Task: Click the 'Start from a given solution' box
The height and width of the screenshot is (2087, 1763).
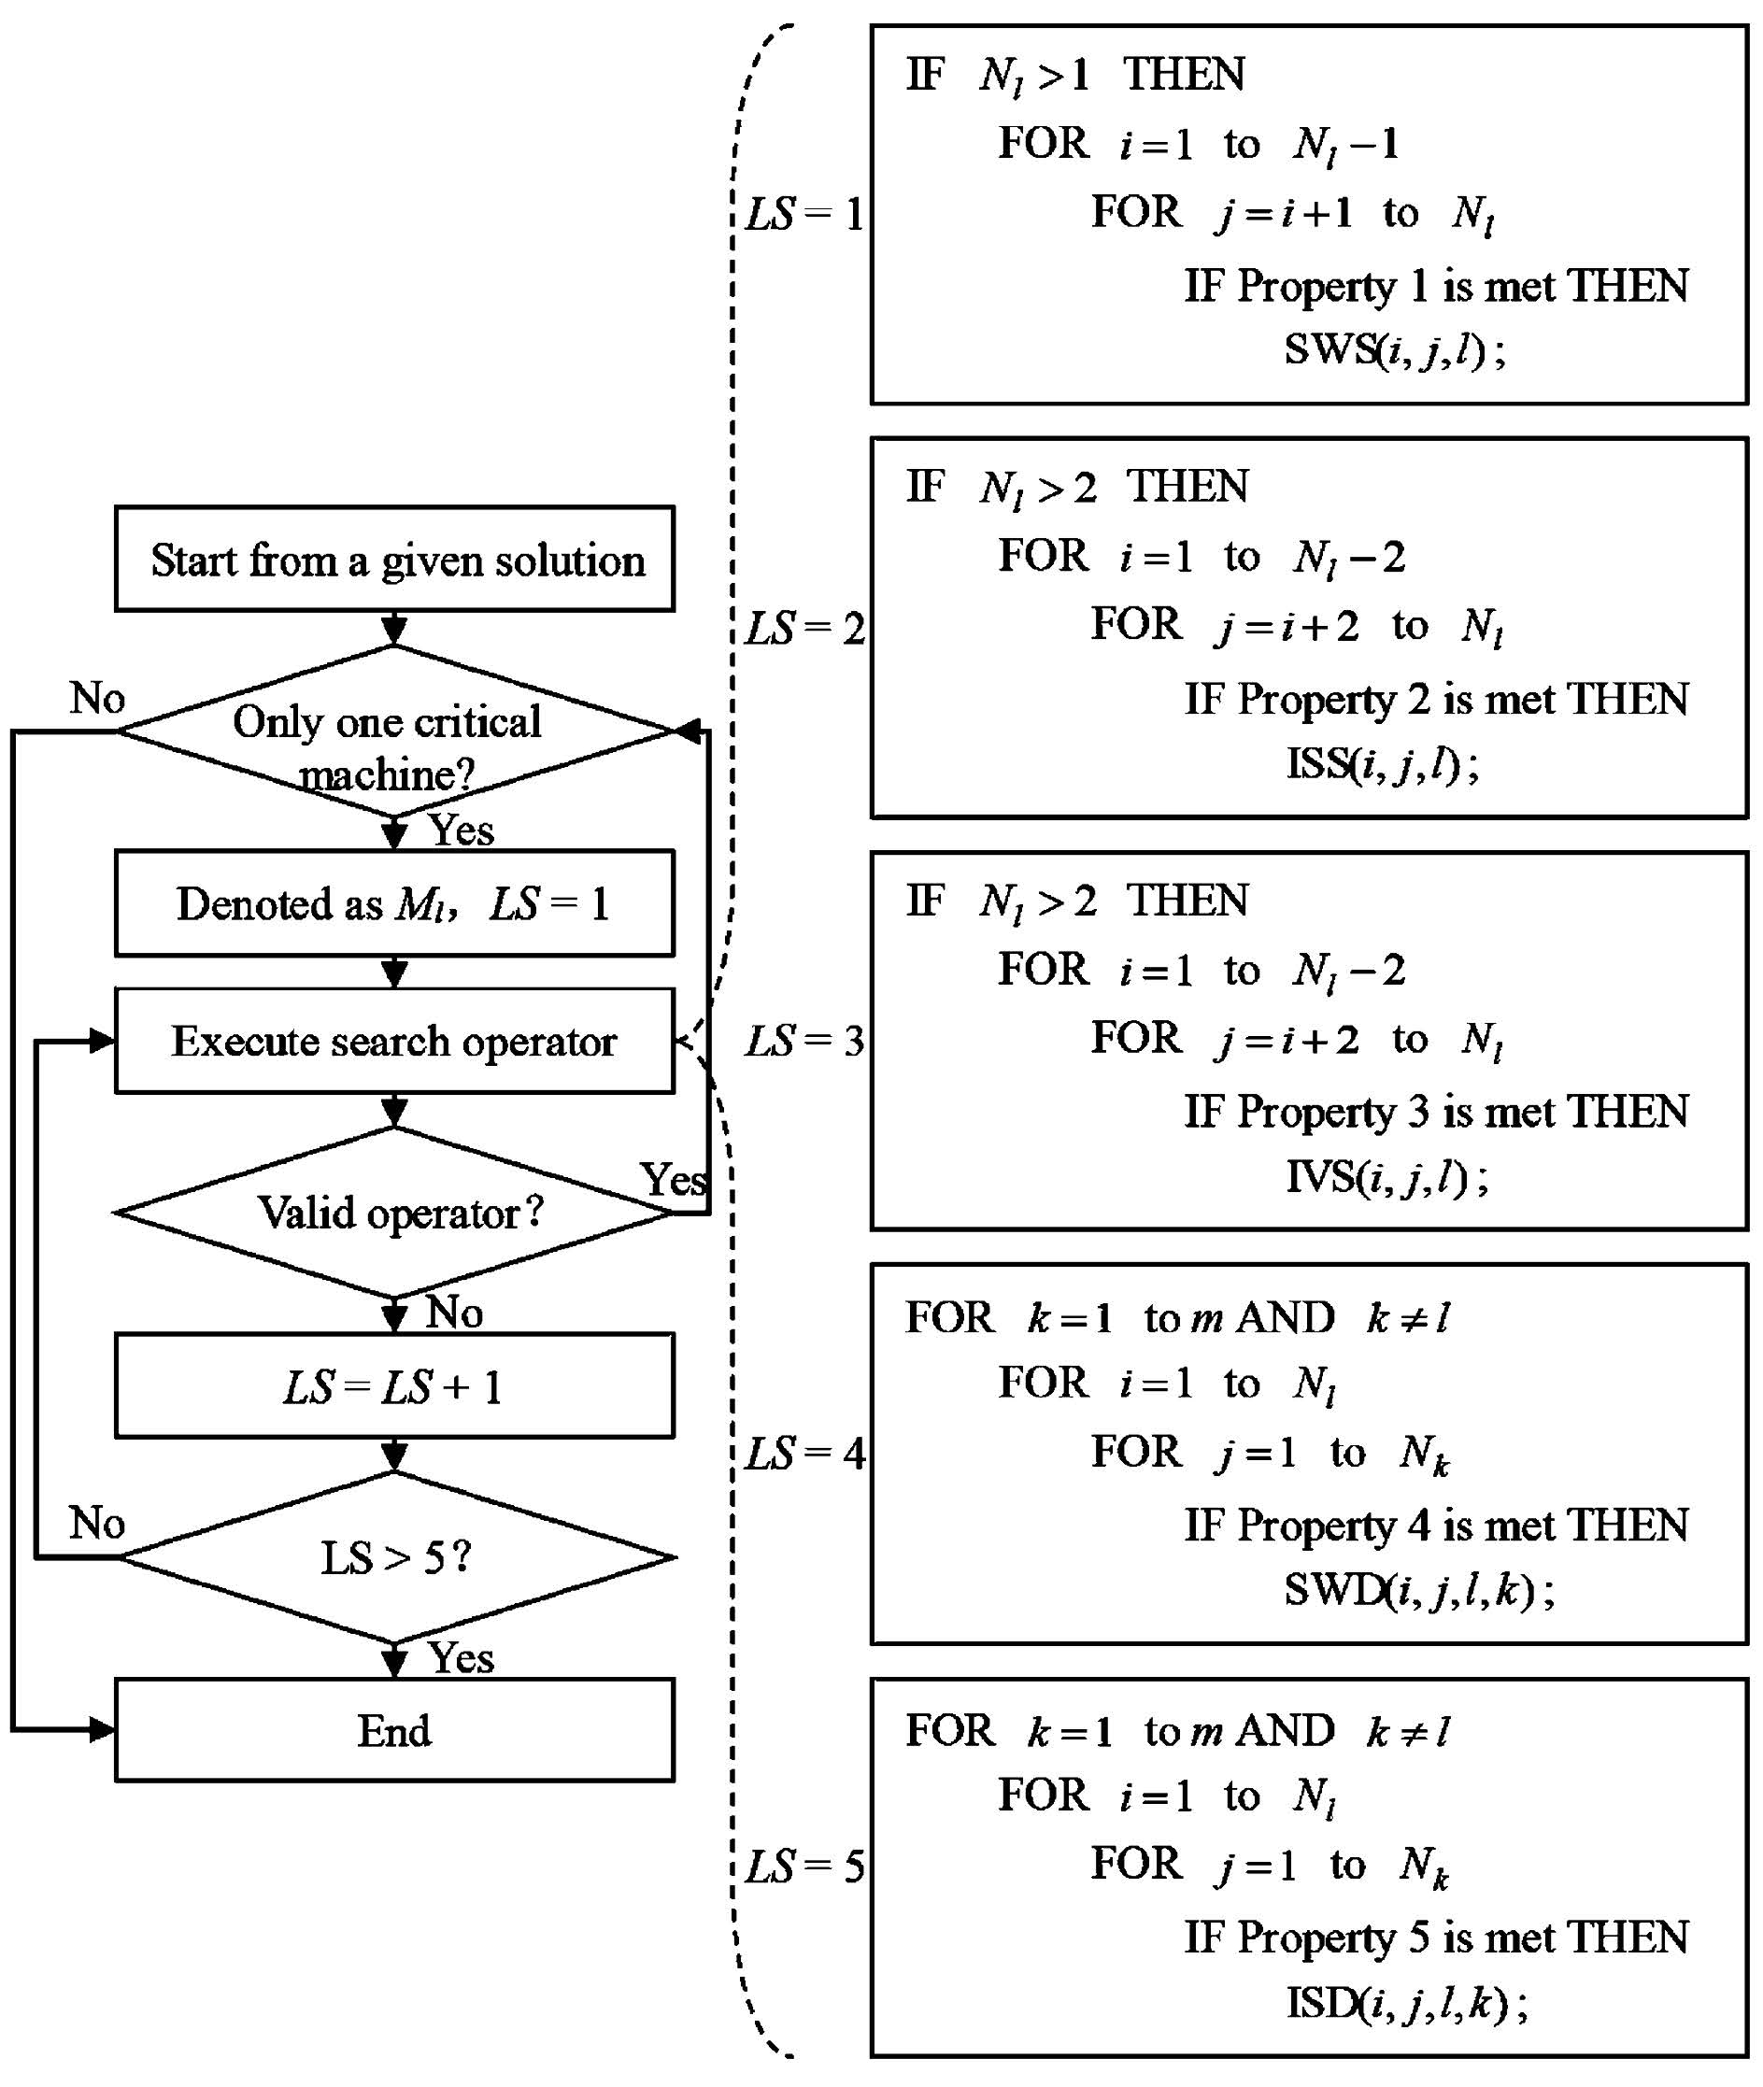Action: [395, 560]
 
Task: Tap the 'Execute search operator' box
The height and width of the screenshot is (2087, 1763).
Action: [395, 1042]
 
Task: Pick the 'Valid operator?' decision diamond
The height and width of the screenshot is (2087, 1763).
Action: [395, 1214]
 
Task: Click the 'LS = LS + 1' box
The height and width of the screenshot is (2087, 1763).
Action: [395, 1387]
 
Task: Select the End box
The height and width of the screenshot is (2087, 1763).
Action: [395, 1731]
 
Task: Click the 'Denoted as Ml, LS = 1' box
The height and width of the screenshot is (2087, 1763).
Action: [395, 903]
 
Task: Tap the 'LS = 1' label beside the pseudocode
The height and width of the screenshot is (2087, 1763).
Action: [804, 215]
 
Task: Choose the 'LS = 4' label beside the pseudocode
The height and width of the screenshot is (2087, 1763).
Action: [804, 1454]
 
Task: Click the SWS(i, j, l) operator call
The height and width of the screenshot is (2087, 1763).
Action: [1395, 349]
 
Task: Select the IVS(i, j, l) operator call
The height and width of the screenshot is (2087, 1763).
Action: [1387, 1176]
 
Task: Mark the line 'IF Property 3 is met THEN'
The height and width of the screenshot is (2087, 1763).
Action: [1436, 1113]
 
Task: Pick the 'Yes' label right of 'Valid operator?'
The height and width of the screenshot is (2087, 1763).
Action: [673, 1181]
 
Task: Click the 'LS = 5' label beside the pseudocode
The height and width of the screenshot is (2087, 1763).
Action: [804, 1867]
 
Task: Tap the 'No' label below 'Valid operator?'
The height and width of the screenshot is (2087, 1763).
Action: [455, 1313]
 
